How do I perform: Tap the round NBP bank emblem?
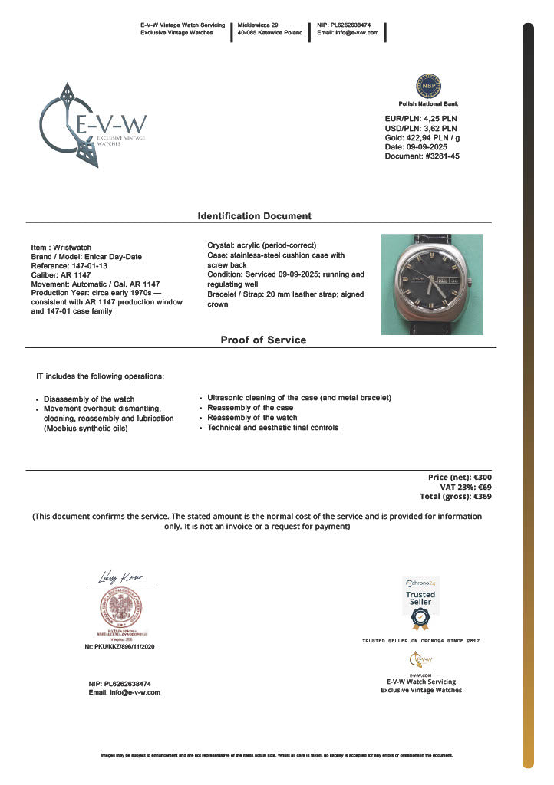point(427,85)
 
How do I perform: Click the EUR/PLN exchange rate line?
point(420,119)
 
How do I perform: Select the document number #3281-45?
point(422,156)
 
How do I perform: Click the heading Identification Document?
point(255,216)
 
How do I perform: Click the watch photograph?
point(432,284)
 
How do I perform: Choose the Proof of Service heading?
point(263,340)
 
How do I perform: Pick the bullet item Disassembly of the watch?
point(89,399)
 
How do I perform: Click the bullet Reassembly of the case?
point(251,408)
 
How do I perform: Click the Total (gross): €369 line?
point(455,496)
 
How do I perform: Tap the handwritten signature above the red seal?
point(120,577)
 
